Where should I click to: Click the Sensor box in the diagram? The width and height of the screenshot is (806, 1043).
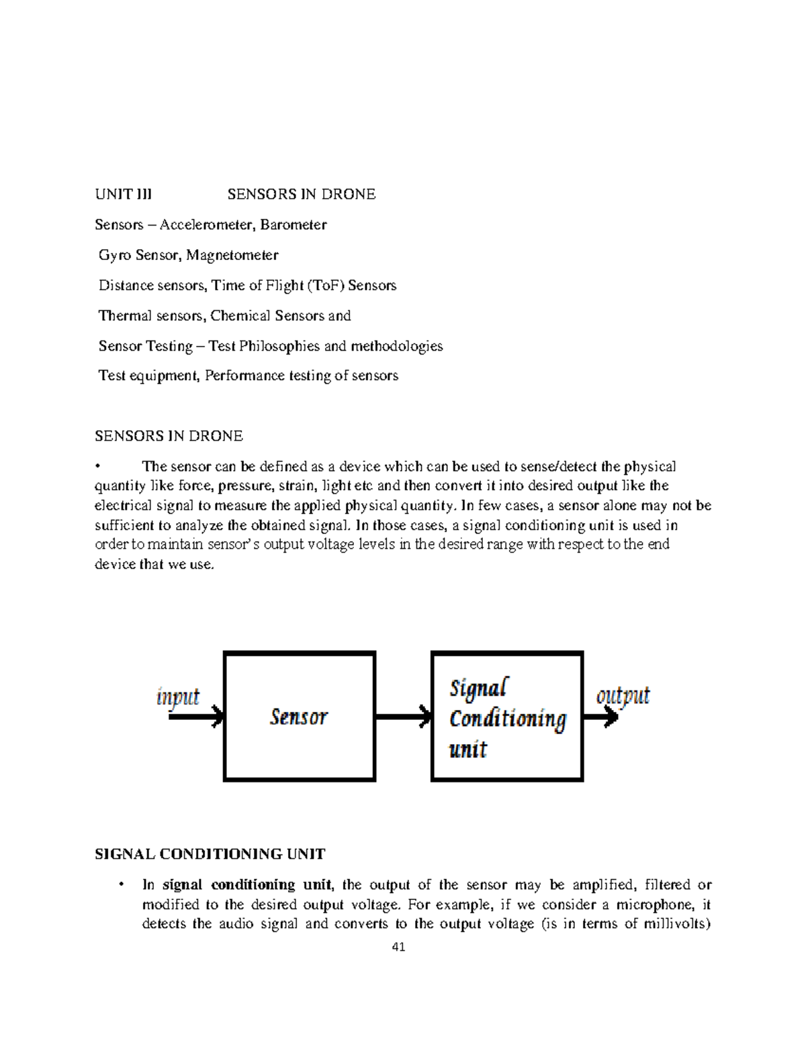tap(299, 717)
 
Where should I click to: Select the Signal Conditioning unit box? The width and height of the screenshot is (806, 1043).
tap(507, 717)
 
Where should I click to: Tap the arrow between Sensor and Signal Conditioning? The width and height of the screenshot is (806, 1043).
tap(403, 717)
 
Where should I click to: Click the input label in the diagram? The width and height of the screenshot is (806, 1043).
tap(178, 696)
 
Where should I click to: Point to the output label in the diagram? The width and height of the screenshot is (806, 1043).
tap(623, 695)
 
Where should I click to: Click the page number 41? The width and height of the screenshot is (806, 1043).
tap(399, 948)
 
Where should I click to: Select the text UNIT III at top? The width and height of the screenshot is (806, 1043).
tap(123, 195)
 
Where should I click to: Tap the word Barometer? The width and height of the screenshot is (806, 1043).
tap(294, 225)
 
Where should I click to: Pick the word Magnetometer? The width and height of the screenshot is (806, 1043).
tap(232, 255)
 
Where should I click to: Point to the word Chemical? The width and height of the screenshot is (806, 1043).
tap(236, 316)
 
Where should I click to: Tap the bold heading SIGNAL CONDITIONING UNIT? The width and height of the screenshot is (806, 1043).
tap(210, 854)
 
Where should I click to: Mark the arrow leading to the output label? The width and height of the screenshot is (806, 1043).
tap(600, 717)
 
